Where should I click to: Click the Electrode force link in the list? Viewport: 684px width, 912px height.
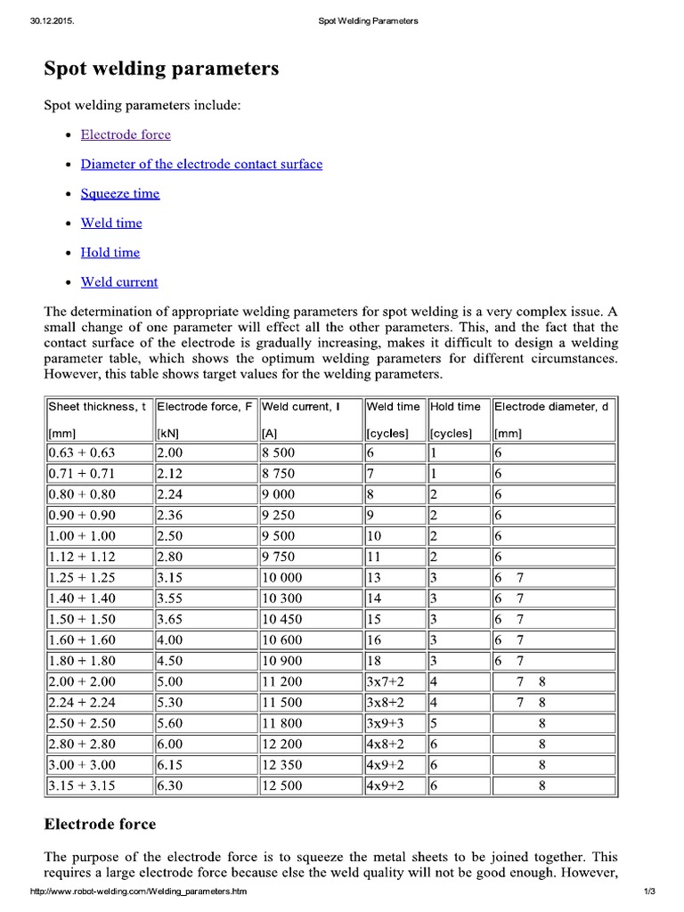coord(126,134)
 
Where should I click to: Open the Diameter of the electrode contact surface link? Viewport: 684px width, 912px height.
coord(201,164)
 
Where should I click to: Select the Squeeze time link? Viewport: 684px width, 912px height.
coord(120,193)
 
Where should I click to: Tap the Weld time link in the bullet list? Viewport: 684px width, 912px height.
coord(111,223)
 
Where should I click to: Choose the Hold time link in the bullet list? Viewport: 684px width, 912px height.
coord(110,252)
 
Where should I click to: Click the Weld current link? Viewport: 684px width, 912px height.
coord(119,281)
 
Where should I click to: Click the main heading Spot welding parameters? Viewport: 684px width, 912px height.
coord(161,69)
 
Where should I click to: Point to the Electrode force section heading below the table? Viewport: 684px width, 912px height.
coord(100,824)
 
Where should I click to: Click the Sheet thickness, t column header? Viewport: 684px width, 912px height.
coord(98,406)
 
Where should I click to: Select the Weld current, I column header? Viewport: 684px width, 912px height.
coord(301,406)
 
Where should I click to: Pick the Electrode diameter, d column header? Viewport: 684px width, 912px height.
coord(552,406)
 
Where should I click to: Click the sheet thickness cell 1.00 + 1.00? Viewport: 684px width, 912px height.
coord(82,536)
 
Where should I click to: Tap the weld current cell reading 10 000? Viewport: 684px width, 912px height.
coord(282,577)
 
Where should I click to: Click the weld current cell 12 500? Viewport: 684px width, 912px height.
coord(282,786)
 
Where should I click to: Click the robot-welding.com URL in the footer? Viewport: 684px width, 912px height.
coord(139,892)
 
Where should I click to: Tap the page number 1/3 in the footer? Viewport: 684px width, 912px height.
coord(647,892)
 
